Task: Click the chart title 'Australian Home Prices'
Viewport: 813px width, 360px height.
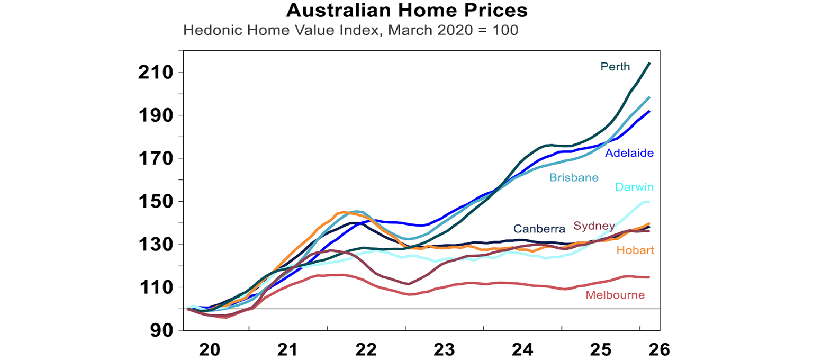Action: pos(406,11)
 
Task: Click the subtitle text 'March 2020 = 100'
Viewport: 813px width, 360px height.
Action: pos(453,30)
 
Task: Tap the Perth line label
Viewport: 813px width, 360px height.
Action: pos(615,67)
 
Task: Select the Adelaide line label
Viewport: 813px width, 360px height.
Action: pos(629,153)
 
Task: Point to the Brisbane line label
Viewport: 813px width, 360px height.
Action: pos(574,177)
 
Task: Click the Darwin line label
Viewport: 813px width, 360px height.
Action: pos(634,187)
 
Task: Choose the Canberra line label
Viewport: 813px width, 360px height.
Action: pos(539,229)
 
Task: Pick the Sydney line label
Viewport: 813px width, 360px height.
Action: pos(594,227)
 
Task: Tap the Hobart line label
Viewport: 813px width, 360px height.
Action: pos(635,250)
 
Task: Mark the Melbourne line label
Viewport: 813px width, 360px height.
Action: pos(615,295)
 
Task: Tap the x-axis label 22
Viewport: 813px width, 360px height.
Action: pos(366,349)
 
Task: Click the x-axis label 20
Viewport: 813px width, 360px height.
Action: pos(209,349)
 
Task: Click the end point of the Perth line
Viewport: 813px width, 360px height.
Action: pos(649,63)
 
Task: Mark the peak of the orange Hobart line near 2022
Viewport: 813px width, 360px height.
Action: pos(344,212)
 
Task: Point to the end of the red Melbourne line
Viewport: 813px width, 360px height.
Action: pos(649,277)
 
